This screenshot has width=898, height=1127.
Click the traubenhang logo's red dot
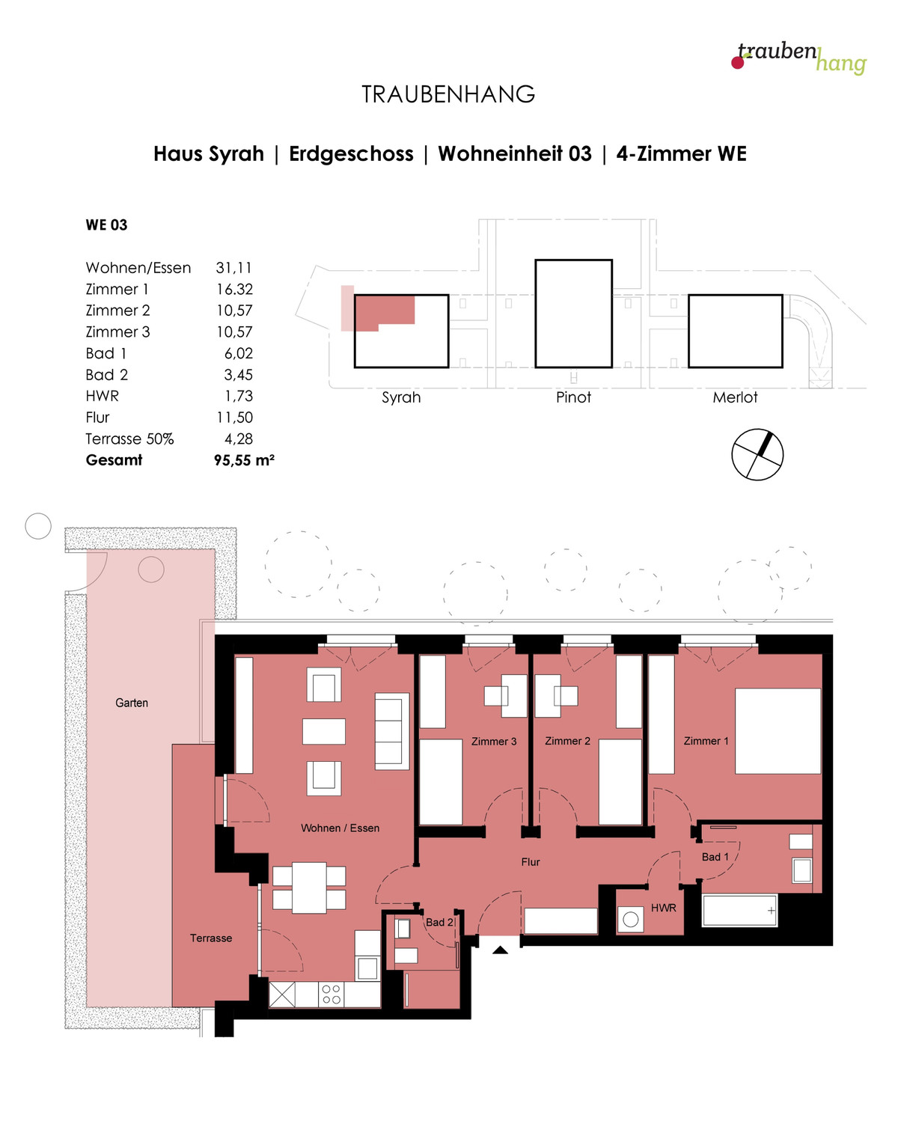(x=737, y=63)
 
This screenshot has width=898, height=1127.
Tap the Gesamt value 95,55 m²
(x=243, y=460)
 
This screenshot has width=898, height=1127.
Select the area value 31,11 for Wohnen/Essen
(x=233, y=268)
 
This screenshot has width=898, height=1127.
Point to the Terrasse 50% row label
(x=129, y=439)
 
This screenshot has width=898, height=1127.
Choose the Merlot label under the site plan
(x=735, y=397)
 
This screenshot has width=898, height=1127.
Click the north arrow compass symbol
(x=757, y=454)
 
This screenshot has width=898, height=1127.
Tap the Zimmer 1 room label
(x=706, y=741)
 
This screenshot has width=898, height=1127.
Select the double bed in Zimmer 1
(x=778, y=731)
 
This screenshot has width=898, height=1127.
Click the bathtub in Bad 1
(x=739, y=910)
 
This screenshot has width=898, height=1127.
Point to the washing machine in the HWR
(x=630, y=919)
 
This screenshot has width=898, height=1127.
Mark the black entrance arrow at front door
(x=500, y=950)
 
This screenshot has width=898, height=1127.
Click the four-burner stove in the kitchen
(x=331, y=994)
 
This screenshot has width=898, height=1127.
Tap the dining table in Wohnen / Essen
(x=310, y=888)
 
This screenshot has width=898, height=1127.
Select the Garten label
(x=132, y=703)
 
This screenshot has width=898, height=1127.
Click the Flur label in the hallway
(x=531, y=862)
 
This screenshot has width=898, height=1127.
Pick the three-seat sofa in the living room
(x=391, y=731)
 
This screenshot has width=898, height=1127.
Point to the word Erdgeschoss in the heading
(x=352, y=154)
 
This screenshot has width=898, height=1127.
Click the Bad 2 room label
(x=439, y=922)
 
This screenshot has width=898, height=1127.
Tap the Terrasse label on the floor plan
(x=211, y=938)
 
